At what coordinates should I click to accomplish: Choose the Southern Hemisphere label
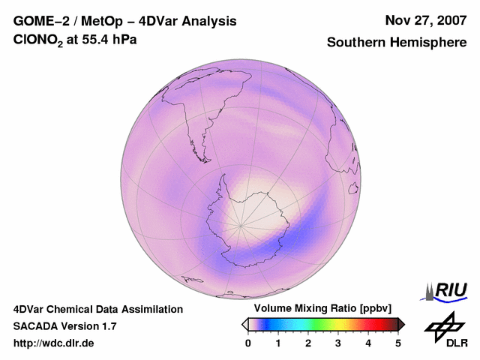396,43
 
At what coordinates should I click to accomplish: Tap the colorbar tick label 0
248,343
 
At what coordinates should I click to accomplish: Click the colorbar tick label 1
278,343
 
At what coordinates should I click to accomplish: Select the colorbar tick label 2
308,343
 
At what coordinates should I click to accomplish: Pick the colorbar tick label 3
338,343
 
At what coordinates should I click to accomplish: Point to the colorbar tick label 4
368,343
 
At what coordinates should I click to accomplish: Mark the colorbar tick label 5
398,343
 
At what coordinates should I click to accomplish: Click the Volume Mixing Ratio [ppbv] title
319,308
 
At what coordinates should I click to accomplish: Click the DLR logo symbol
444,325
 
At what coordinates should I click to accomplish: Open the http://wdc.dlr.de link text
54,343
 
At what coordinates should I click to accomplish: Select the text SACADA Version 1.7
64,326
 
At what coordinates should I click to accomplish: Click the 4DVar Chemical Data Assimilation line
98,309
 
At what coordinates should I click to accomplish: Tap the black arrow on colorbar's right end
401,324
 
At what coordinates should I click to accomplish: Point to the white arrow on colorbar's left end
244,324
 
